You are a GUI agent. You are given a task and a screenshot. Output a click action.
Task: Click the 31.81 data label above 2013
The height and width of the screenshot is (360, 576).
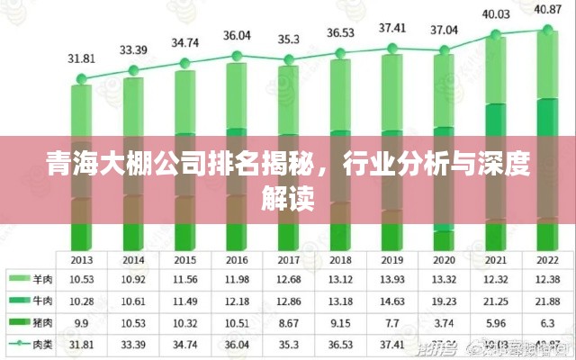point(82,58)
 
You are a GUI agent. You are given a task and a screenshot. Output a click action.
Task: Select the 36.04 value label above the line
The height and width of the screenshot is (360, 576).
point(238,36)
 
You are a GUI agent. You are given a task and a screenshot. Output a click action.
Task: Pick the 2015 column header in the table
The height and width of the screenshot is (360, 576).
point(185,259)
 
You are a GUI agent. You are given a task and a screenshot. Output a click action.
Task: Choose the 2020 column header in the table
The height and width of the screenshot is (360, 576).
point(445,259)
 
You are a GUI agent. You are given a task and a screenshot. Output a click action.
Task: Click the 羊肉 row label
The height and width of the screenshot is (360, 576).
point(41,277)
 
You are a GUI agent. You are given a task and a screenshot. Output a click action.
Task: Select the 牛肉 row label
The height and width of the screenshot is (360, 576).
point(41,299)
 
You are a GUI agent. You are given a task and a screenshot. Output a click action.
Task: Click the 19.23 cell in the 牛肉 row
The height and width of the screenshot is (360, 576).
point(445,300)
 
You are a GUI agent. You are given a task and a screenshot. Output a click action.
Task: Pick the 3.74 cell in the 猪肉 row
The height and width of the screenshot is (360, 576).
point(445,321)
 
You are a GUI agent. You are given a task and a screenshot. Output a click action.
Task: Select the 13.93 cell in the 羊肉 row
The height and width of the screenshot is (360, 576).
point(392,278)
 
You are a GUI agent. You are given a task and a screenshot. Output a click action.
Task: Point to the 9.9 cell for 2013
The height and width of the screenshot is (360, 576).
point(82,321)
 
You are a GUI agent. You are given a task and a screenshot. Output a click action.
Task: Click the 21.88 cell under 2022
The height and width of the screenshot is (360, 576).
point(548,300)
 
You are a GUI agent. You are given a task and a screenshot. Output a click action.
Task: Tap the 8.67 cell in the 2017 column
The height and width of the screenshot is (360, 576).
point(289,321)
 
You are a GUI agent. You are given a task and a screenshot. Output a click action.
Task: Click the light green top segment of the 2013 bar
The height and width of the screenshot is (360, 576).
point(82,108)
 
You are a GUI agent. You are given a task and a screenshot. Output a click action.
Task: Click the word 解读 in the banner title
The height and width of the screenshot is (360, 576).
point(288,197)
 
